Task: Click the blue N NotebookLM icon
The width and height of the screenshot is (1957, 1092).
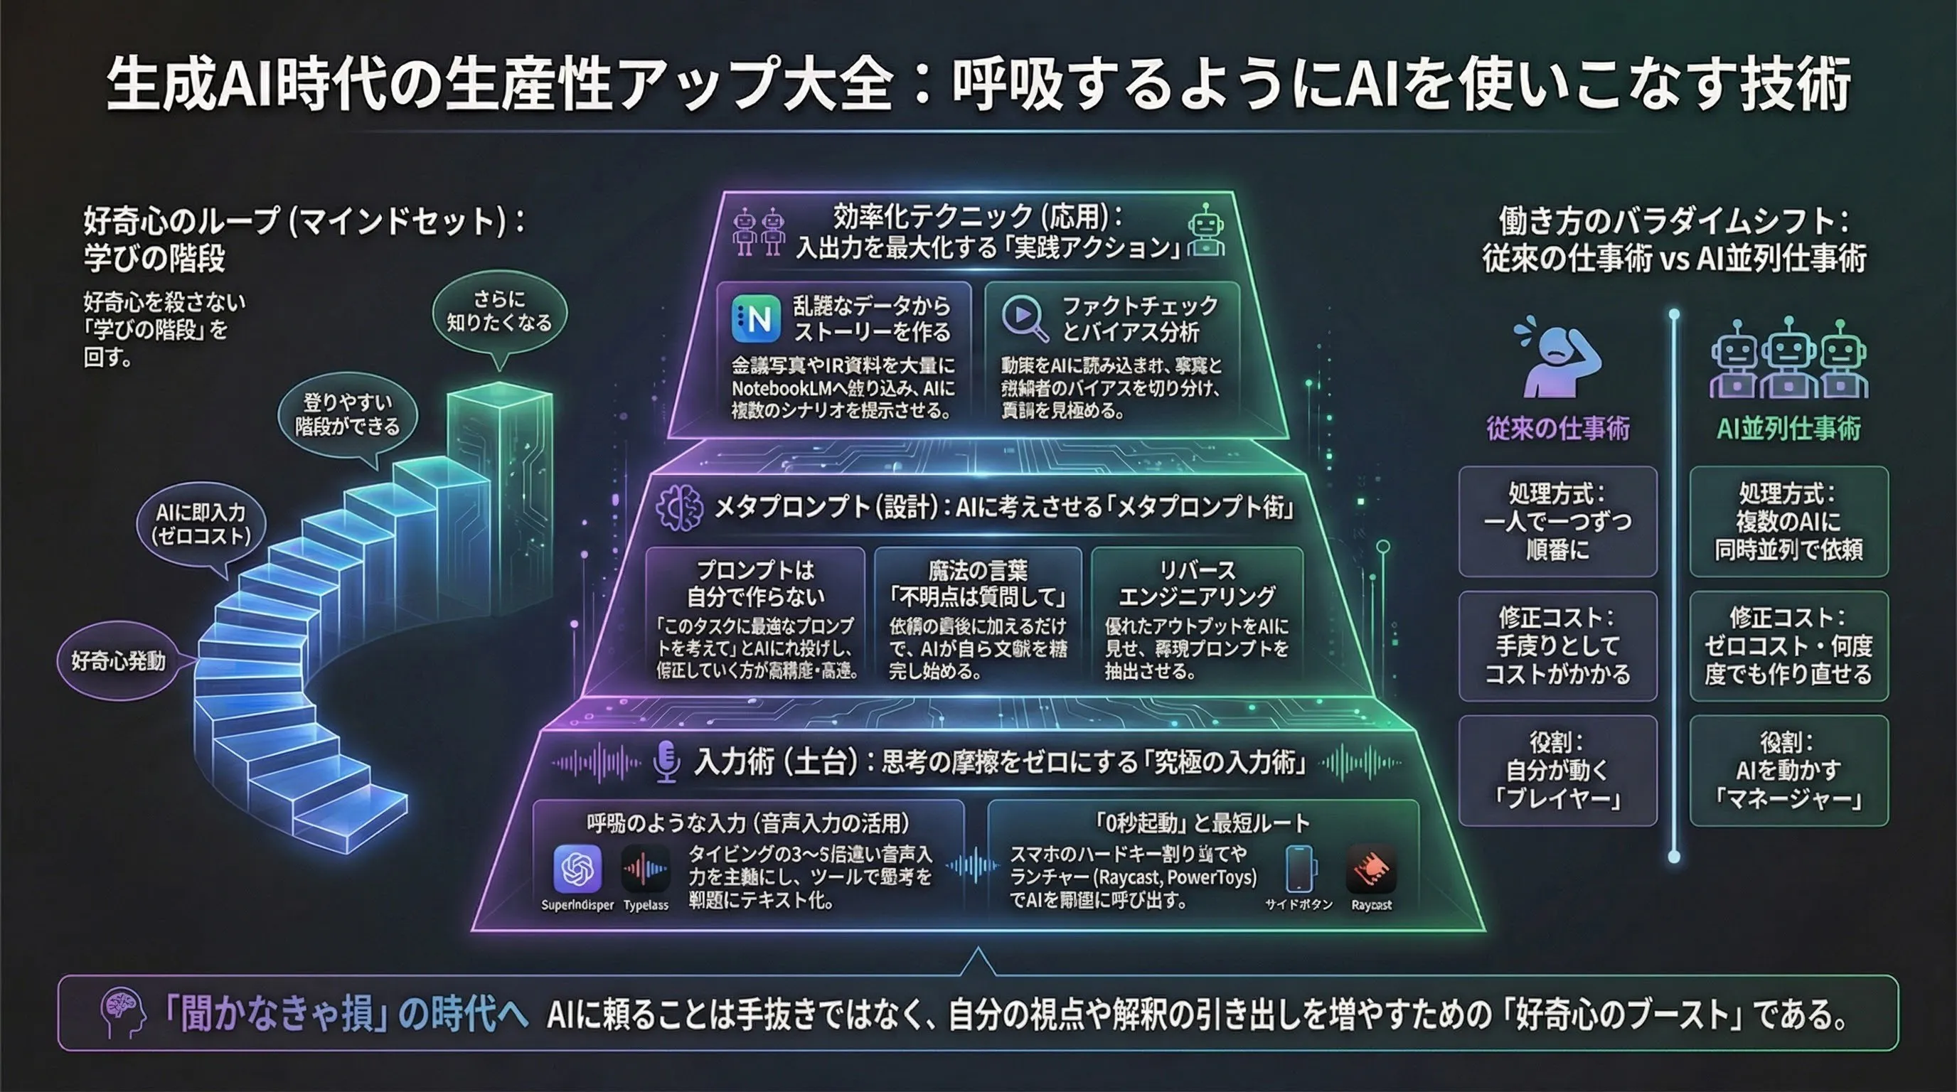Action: point(756,319)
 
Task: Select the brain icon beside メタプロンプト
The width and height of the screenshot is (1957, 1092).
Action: point(679,508)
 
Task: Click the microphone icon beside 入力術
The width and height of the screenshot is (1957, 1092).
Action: point(666,761)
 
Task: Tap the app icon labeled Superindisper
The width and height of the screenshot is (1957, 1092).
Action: point(577,869)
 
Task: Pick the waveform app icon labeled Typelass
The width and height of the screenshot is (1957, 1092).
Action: point(645,869)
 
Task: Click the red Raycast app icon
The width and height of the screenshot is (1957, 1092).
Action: point(1370,869)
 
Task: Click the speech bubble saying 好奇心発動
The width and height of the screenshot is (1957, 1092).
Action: point(119,660)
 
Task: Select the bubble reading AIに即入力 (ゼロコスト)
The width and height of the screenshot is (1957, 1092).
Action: point(201,524)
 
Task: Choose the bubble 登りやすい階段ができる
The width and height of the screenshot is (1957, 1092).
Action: point(347,414)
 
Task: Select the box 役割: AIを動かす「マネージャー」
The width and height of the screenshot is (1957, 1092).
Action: point(1788,770)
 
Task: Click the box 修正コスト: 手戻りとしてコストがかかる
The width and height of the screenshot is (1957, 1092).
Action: point(1557,646)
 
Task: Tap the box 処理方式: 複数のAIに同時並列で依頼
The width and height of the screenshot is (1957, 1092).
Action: point(1788,522)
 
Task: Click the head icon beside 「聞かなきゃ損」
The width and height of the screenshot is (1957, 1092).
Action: point(123,1013)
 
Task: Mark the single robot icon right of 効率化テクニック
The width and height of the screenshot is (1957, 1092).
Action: point(1205,232)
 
